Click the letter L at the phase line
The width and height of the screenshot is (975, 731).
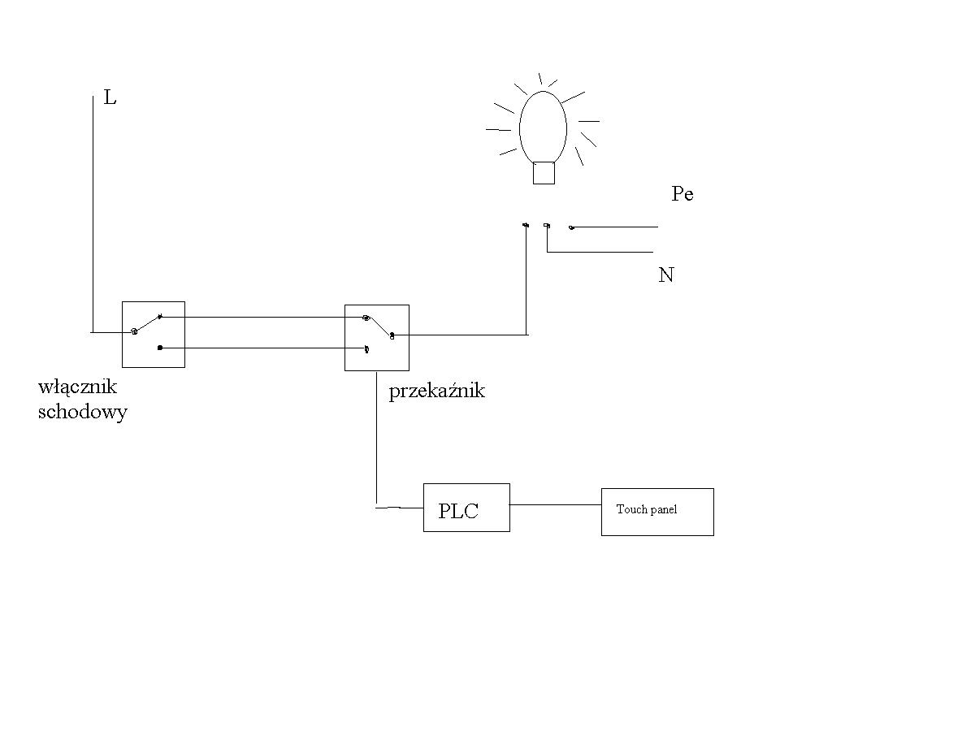110,97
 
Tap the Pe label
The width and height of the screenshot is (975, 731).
682,193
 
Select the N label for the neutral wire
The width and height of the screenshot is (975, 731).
665,275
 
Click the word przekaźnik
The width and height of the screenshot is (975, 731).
436,391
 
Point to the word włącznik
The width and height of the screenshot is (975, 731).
77,387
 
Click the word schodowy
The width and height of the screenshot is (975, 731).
83,412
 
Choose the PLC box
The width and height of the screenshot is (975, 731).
466,508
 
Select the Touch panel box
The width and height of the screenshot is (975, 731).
657,512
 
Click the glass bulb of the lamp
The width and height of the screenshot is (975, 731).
543,127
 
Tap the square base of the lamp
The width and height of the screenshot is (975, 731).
544,173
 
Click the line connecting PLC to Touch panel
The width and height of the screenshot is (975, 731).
556,504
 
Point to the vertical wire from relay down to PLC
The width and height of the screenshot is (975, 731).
377,439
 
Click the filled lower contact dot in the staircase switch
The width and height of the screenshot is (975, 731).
160,348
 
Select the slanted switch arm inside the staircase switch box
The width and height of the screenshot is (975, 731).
147,324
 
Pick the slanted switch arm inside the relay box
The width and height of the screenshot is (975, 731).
379,327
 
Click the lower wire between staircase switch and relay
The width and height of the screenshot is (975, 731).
263,348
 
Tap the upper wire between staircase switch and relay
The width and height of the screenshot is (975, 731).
262,317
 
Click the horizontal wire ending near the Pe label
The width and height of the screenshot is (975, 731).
615,227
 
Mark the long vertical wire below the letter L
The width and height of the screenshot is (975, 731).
93,214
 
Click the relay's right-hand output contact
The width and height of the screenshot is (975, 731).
392,335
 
